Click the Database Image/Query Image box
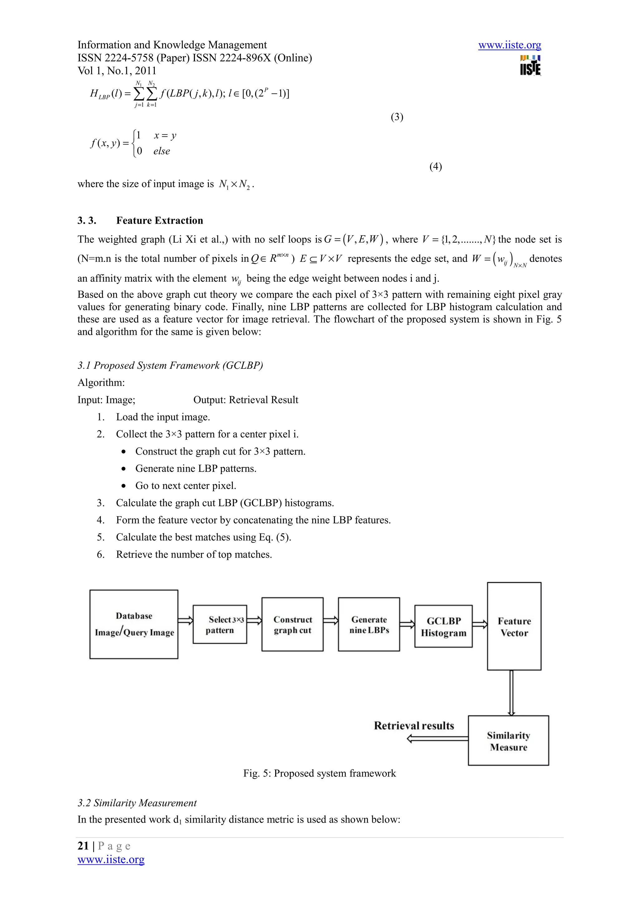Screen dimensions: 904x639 click(134, 624)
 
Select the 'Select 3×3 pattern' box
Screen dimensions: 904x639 click(220, 625)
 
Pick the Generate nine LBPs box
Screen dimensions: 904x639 click(368, 625)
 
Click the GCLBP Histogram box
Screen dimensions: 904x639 click(443, 626)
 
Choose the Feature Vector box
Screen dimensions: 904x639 click(514, 626)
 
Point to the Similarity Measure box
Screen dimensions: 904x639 click(508, 741)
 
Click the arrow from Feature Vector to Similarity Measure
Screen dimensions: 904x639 click(511, 693)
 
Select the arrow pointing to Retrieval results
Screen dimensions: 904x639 click(437, 739)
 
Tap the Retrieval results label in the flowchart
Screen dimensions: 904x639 click(414, 726)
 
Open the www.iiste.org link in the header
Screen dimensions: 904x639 click(510, 45)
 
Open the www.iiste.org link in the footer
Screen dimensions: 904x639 click(111, 859)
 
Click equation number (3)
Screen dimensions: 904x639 click(397, 117)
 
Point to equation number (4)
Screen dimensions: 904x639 click(436, 167)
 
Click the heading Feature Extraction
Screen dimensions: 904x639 click(159, 221)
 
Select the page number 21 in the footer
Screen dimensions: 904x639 click(83, 846)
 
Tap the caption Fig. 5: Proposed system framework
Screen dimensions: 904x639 click(319, 773)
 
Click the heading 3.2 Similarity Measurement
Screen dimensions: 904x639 click(137, 803)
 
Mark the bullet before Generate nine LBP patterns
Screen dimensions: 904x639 click(124, 469)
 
